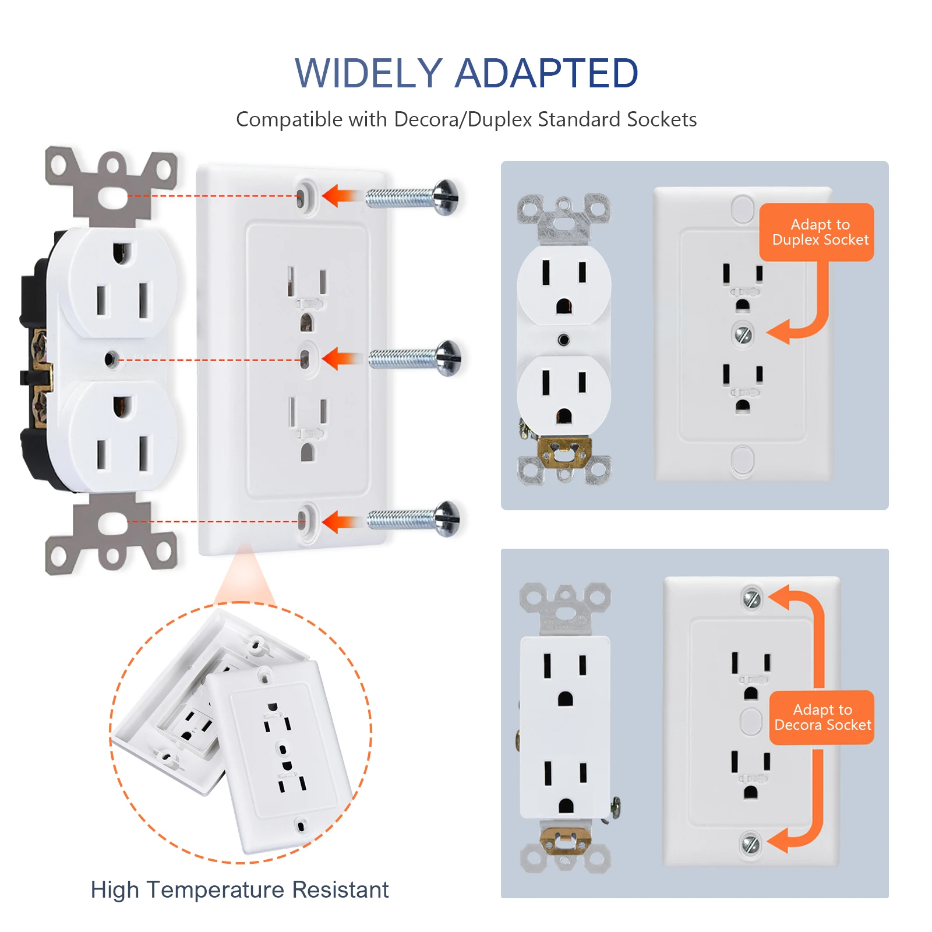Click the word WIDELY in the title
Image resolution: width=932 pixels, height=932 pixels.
368,74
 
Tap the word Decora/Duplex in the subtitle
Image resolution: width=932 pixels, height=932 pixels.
463,119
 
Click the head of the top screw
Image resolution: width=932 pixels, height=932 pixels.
446,197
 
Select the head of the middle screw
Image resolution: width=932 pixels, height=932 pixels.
449,358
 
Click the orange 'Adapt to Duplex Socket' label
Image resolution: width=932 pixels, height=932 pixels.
816,232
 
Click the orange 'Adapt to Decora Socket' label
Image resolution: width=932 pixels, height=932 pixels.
821,717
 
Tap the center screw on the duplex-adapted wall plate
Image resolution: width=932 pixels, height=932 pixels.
742,334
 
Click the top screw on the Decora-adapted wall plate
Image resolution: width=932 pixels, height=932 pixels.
751,598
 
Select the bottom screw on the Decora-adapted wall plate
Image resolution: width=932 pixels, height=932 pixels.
750,843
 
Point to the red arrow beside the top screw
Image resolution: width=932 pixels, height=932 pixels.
338,196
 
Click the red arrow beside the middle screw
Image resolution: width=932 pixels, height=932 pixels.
338,358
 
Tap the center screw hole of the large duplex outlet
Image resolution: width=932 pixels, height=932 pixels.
111,359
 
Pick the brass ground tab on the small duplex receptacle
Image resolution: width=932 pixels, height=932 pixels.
564,451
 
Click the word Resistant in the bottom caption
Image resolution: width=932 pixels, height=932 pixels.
340,889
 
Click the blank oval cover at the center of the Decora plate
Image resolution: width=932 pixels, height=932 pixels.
750,721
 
